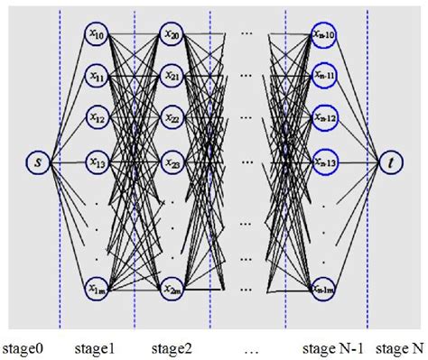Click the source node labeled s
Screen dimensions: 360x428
37,163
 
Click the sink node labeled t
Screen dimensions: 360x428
391,163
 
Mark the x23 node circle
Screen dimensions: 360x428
172,163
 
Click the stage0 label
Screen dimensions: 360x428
22,346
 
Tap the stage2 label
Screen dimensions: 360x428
172,346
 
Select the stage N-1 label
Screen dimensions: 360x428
333,346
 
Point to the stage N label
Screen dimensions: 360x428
400,346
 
